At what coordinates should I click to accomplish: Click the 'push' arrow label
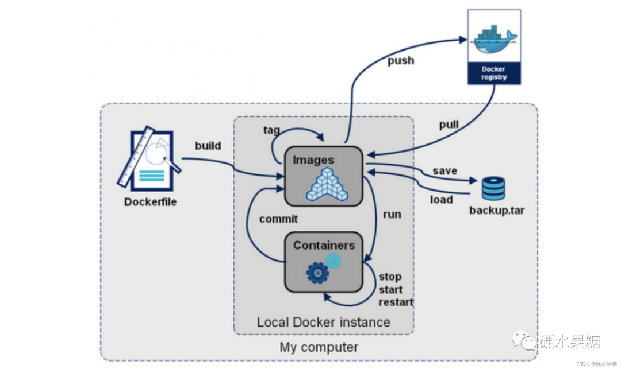400,60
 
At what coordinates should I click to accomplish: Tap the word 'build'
208,146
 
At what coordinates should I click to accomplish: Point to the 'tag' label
271,130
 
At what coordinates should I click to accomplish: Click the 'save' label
445,170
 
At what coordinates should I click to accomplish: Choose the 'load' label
442,200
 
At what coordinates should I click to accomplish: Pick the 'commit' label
278,219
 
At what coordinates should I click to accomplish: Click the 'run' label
392,214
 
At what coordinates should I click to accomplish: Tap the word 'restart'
396,302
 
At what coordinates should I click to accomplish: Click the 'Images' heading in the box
313,160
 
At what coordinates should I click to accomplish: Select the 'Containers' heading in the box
324,246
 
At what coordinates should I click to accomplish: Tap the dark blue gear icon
317,273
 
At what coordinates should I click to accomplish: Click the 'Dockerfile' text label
151,202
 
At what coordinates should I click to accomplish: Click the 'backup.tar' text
497,210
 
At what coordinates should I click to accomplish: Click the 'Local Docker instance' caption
324,322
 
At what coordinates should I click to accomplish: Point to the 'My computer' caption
319,347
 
